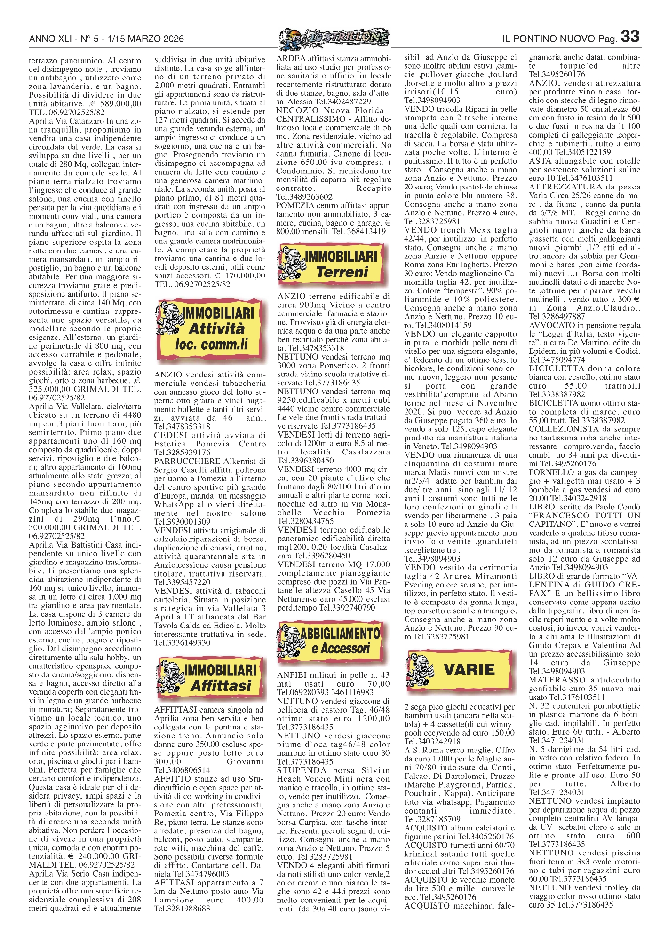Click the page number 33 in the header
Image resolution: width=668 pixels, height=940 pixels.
[x=630, y=37]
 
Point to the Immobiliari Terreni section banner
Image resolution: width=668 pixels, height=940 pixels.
[x=334, y=264]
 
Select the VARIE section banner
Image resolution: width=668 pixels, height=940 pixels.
[x=459, y=669]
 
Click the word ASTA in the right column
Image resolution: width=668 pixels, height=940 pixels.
[x=540, y=161]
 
